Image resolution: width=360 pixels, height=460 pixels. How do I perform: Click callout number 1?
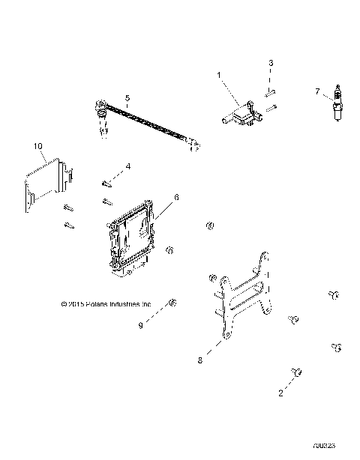point(220,75)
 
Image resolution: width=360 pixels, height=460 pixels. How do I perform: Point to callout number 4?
point(127,166)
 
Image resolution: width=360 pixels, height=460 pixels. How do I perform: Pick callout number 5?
point(127,98)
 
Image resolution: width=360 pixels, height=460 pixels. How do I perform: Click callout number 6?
point(176,198)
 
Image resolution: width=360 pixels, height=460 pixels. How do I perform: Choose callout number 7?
point(317,91)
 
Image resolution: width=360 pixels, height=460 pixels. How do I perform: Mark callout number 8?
point(199,360)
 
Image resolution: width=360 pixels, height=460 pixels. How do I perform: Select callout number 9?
point(139,325)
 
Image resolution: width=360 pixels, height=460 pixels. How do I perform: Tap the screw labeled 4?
point(106,181)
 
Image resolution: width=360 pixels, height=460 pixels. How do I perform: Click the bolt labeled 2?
point(295,372)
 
